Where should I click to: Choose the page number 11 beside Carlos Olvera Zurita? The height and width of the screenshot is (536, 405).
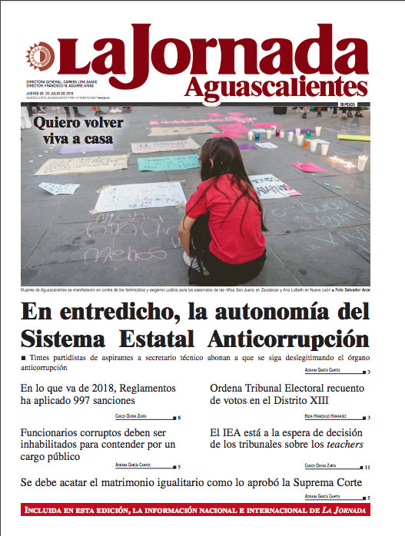pyautogui.click(x=368, y=466)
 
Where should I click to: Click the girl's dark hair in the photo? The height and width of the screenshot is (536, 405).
pyautogui.click(x=225, y=157)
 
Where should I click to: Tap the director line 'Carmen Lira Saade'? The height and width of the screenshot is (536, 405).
pyautogui.click(x=84, y=80)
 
